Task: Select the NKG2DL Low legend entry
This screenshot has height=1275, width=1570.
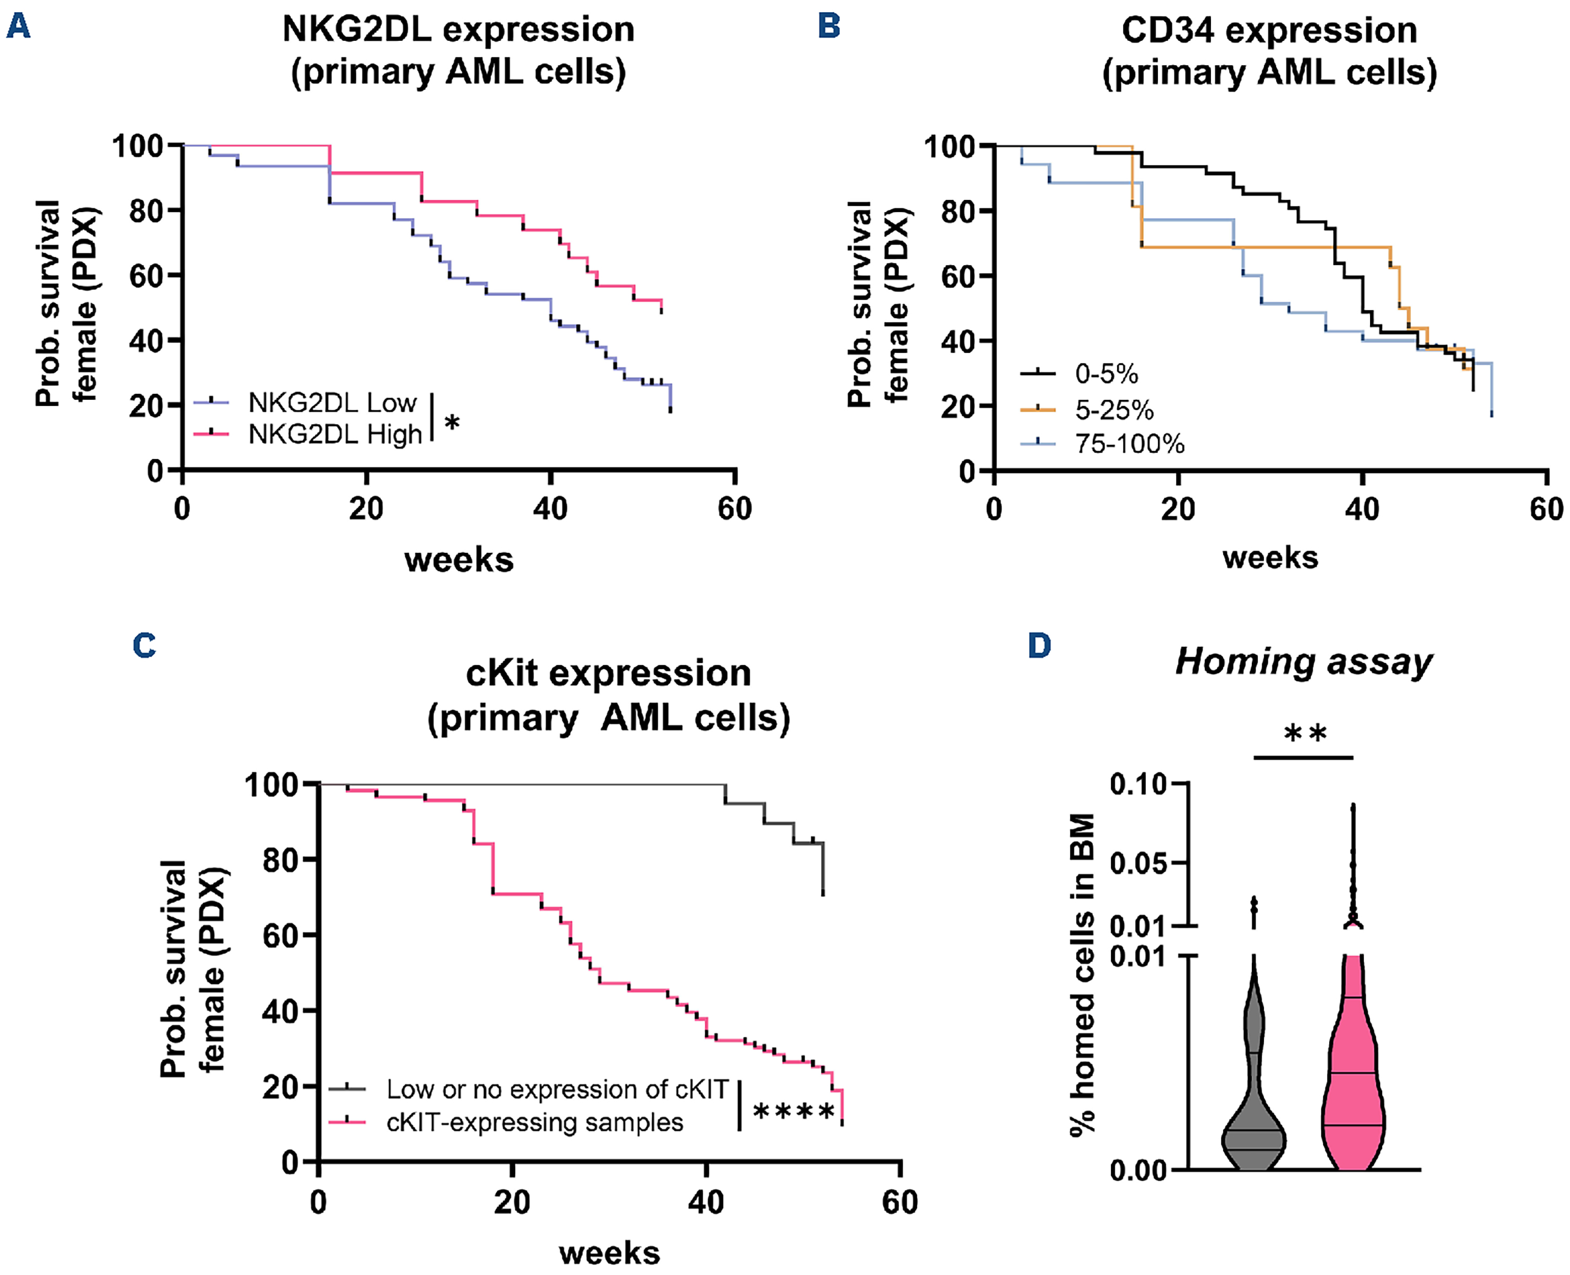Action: [332, 402]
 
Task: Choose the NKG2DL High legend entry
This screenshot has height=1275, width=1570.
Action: [335, 434]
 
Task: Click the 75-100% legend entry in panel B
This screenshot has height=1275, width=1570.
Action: [1129, 444]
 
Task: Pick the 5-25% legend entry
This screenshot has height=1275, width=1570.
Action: [1114, 410]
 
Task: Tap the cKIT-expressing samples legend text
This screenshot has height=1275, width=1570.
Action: [535, 1122]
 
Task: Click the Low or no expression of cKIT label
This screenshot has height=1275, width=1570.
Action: [557, 1089]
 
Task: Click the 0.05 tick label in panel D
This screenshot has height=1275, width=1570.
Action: [1138, 864]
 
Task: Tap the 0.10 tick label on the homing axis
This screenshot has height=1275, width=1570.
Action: [1138, 785]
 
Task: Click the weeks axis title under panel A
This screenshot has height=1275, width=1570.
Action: [459, 560]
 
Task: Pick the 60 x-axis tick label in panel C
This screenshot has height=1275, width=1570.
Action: [900, 1202]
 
